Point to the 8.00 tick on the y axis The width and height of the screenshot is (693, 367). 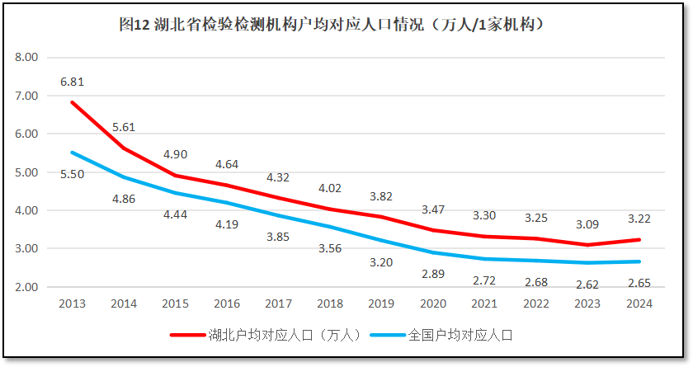tap(27, 58)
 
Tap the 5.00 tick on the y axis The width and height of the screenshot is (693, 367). tap(27, 172)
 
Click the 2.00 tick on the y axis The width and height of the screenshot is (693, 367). tap(27, 287)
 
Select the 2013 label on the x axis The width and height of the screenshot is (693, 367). tap(73, 303)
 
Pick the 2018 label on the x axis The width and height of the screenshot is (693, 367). tap(330, 303)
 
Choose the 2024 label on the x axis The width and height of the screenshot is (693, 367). tap(639, 303)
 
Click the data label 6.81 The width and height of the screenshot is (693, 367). tap(73, 82)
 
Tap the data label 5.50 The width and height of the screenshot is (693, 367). tap(73, 175)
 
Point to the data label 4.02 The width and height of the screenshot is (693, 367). tap(330, 188)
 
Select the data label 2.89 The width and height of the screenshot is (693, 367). tap(433, 273)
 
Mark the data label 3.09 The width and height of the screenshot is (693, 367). tap(587, 223)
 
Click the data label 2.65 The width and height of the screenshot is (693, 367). tap(639, 282)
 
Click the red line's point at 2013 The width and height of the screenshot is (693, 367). tap(73, 102)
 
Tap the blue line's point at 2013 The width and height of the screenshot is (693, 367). tap(73, 153)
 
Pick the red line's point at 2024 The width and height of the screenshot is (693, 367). tap(639, 240)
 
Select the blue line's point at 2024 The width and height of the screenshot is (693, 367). tap(639, 261)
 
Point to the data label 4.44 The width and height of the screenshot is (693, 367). tap(176, 214)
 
